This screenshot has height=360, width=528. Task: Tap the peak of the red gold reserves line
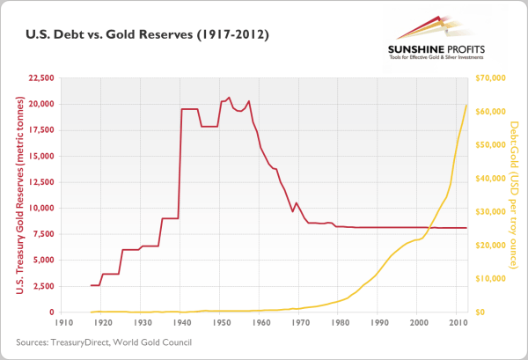click(x=229, y=98)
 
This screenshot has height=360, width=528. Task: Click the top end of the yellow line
click(x=466, y=105)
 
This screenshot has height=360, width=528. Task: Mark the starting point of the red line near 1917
click(x=91, y=285)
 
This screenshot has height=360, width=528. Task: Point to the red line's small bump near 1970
click(x=297, y=203)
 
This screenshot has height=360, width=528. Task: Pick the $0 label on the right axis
click(x=480, y=312)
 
